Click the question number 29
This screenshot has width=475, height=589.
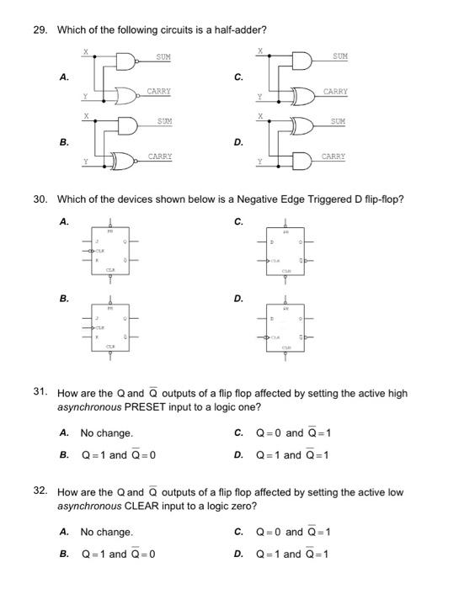(40, 30)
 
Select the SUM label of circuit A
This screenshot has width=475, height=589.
(163, 57)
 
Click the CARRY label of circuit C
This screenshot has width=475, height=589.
(335, 91)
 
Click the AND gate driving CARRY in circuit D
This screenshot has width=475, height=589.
(302, 159)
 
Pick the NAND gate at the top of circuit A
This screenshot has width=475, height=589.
(126, 61)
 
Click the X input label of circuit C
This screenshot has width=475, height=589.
(260, 51)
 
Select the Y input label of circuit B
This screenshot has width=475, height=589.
(84, 161)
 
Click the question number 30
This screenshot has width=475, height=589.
(40, 199)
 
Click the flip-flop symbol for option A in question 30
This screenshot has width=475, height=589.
(109, 252)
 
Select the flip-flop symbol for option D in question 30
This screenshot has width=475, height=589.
(286, 327)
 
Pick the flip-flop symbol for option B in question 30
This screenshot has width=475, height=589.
(109, 327)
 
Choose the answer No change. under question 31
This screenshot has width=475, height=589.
(106, 433)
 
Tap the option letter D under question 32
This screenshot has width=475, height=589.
(238, 554)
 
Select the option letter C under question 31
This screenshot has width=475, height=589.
(238, 433)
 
